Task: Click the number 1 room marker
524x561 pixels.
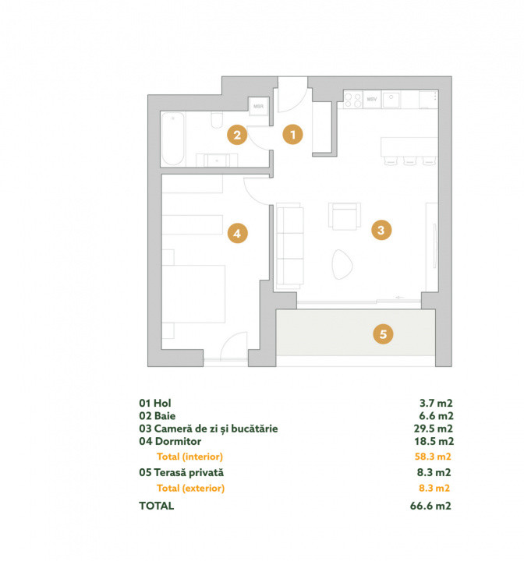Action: [292, 135]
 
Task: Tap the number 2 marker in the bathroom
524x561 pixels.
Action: [237, 135]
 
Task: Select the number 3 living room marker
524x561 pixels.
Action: [381, 230]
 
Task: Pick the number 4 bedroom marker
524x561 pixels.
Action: [238, 233]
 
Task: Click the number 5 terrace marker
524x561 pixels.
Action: [383, 334]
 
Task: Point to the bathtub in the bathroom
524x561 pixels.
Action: [172, 139]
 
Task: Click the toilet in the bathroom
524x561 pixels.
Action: [217, 120]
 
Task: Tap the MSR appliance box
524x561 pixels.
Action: [259, 106]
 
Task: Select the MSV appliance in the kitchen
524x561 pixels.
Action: [372, 99]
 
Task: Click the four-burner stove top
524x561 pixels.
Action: [352, 100]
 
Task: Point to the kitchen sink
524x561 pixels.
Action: [391, 100]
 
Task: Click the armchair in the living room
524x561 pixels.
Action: [345, 216]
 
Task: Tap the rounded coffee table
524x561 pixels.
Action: [342, 264]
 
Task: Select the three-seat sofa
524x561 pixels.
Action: [290, 246]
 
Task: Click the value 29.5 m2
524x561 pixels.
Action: [434, 429]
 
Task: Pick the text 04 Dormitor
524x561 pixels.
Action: [170, 441]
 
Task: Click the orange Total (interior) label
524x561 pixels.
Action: [189, 457]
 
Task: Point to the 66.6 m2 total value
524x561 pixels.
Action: [430, 506]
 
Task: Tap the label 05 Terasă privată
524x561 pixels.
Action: [181, 472]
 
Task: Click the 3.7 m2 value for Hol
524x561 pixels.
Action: [436, 403]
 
